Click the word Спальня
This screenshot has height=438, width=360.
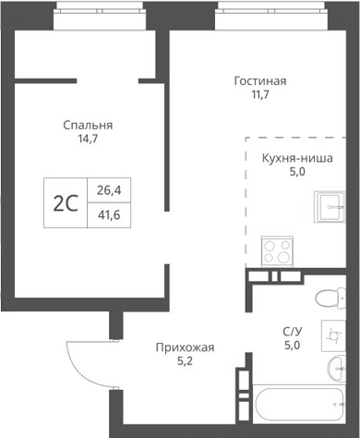[x=88, y=125]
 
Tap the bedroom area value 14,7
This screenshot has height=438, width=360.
[x=88, y=140]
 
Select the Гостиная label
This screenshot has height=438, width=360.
[x=259, y=80]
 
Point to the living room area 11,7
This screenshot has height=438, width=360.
[x=259, y=96]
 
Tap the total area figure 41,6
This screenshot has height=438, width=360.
[x=108, y=215]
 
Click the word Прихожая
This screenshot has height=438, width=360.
[x=185, y=347]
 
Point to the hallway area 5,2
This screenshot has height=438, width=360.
[x=185, y=363]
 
